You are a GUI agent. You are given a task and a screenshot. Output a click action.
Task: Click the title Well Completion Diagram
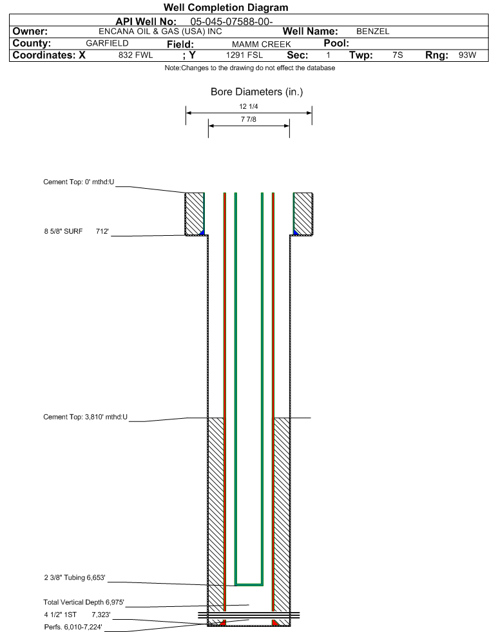click(225, 7)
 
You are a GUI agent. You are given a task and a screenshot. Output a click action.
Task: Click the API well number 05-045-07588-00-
click(231, 22)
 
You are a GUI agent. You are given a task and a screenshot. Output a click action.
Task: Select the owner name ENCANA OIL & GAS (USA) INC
click(160, 32)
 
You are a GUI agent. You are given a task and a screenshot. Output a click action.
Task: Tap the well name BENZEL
click(373, 32)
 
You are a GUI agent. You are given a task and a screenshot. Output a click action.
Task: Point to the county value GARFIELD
click(107, 43)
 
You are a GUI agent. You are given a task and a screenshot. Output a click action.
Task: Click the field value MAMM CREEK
click(261, 44)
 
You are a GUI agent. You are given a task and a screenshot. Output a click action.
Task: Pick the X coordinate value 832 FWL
click(136, 55)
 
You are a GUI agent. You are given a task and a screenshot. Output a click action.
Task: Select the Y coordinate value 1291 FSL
click(244, 55)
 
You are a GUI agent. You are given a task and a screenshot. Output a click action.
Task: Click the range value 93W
click(467, 55)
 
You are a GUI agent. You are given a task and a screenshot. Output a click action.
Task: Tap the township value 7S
click(398, 55)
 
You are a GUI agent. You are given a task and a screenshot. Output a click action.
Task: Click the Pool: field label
click(336, 43)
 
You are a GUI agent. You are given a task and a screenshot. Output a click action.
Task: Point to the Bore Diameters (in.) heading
click(257, 92)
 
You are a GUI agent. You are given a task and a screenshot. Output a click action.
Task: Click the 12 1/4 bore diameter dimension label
click(248, 106)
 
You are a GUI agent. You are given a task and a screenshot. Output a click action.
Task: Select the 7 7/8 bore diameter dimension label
click(248, 119)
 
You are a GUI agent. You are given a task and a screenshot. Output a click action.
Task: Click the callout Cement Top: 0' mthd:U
click(79, 182)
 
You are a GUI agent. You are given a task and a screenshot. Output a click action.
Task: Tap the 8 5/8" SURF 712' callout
click(77, 231)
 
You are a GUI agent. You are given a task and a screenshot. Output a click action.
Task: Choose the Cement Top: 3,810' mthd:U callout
click(86, 417)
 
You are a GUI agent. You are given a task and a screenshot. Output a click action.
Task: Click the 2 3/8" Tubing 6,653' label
click(75, 578)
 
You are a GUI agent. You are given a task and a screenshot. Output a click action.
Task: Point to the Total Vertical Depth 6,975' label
click(84, 602)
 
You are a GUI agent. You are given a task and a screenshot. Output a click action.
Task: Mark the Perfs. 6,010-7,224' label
click(73, 627)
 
